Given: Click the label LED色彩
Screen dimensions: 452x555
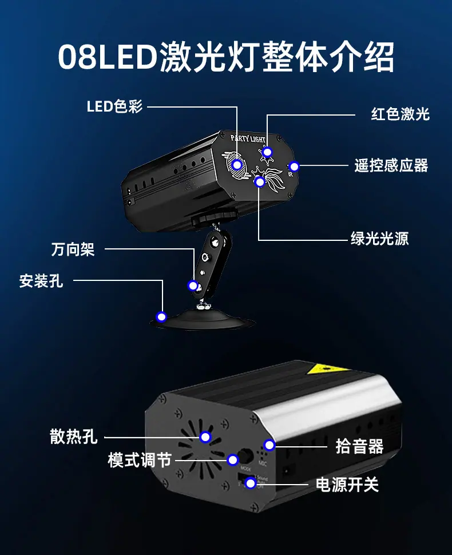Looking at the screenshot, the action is click(114, 106).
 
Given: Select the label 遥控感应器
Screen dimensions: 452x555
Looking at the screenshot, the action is click(391, 166).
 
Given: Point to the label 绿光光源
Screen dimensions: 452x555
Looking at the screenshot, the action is click(379, 239).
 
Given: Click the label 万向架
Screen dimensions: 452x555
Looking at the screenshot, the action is click(73, 249).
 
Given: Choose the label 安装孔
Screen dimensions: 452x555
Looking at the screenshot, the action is click(41, 281).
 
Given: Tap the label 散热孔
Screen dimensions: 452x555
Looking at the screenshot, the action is click(74, 438).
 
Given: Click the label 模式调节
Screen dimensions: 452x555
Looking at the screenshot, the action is click(140, 459).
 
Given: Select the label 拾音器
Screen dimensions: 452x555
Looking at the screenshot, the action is click(359, 446).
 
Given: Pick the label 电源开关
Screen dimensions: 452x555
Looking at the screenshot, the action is click(347, 485).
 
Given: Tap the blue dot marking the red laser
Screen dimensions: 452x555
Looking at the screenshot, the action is click(267, 152).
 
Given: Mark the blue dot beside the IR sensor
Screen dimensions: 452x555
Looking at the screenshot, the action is click(294, 166).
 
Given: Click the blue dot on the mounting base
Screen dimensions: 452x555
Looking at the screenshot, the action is click(162, 316).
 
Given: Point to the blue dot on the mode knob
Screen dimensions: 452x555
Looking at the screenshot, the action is click(232, 459).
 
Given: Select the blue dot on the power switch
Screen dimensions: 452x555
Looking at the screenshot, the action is click(250, 484).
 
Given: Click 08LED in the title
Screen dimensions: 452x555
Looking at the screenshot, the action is click(107, 57).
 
